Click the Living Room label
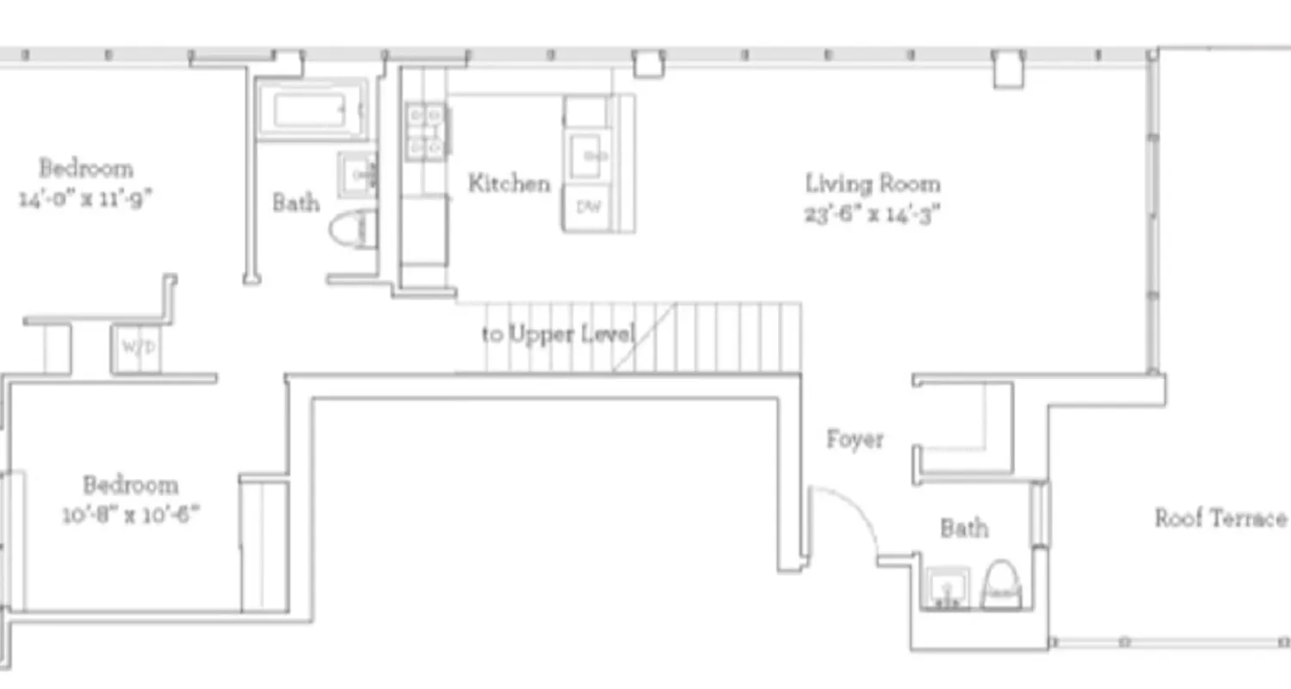pyautogui.click(x=872, y=183)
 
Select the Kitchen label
pyautogui.click(x=509, y=183)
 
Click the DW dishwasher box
pyautogui.click(x=588, y=208)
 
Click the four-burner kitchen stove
pyautogui.click(x=426, y=131)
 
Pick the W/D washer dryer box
pyautogui.click(x=137, y=349)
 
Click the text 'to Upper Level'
pyautogui.click(x=559, y=333)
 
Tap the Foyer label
pyautogui.click(x=855, y=439)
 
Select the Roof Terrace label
pyautogui.click(x=1220, y=518)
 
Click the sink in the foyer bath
pyautogui.click(x=947, y=588)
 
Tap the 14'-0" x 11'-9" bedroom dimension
pyautogui.click(x=85, y=199)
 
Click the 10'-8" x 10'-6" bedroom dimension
pyautogui.click(x=130, y=515)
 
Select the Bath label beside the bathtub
pyautogui.click(x=296, y=203)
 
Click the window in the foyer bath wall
pyautogui.click(x=1041, y=513)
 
